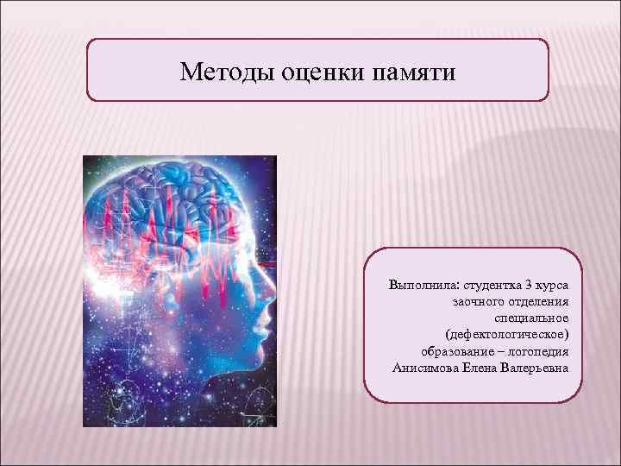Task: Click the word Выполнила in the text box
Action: tap(423, 284)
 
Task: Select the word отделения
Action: tap(540, 301)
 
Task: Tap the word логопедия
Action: tap(539, 351)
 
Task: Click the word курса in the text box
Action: tap(562, 284)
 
